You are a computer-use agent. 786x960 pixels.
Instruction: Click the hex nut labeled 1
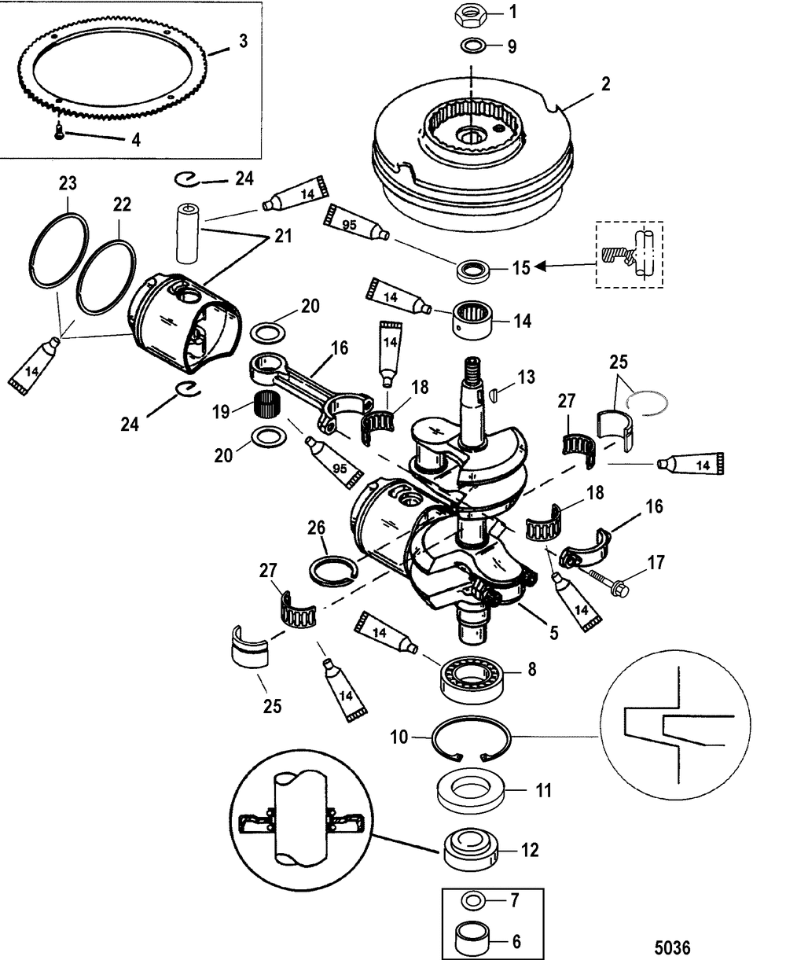coord(471,17)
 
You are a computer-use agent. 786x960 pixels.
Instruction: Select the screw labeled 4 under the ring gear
coord(59,131)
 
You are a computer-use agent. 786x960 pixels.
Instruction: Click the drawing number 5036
coord(672,943)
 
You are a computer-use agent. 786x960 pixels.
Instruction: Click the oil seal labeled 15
coord(473,272)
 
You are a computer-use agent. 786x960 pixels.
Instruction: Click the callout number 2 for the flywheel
coord(605,84)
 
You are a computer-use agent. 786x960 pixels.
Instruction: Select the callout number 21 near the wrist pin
coord(283,236)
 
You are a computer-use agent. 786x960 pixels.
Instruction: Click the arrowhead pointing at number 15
coord(540,266)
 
